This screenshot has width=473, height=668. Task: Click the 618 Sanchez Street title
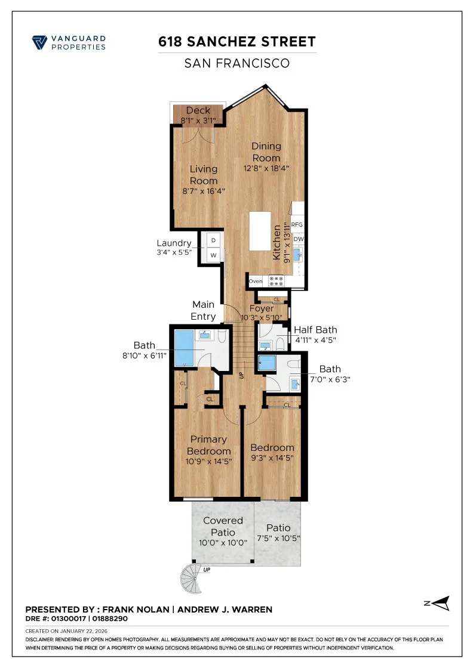click(x=236, y=42)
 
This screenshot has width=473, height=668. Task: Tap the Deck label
click(x=198, y=110)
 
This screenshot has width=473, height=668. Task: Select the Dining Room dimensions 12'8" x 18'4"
click(x=266, y=168)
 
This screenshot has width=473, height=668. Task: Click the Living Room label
click(x=204, y=175)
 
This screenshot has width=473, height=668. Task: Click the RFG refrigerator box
click(x=297, y=224)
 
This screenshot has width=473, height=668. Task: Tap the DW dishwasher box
click(x=299, y=239)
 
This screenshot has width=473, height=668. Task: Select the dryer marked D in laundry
click(x=214, y=240)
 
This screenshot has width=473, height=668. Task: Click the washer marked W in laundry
click(x=214, y=255)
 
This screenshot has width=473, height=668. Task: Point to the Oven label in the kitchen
click(x=256, y=281)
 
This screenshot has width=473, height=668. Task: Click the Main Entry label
click(x=202, y=310)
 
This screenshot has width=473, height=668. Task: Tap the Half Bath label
click(x=315, y=330)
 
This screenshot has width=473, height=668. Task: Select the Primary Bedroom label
click(x=208, y=445)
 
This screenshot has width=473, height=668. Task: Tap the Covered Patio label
click(x=223, y=526)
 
